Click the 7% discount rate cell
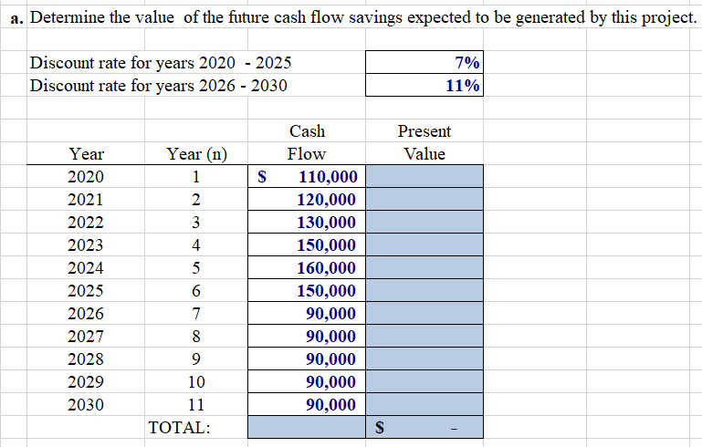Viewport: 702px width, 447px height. (424, 62)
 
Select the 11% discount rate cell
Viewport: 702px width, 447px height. (424, 86)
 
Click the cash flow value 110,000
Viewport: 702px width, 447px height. (329, 177)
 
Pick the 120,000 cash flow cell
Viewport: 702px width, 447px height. (329, 200)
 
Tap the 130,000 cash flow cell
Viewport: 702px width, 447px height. (329, 223)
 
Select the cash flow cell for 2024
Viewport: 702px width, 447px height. (329, 268)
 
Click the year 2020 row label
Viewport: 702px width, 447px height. (87, 177)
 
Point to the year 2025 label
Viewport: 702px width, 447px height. (87, 291)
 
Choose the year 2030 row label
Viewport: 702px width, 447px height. (87, 405)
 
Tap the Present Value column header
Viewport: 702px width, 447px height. (424, 142)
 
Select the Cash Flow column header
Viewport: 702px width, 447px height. (307, 142)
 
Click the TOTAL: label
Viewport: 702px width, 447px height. (179, 427)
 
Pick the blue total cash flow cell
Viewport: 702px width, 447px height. (306, 427)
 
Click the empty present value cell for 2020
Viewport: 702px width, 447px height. (424, 177)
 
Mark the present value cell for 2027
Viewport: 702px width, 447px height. (424, 337)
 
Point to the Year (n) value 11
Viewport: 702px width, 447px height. (196, 405)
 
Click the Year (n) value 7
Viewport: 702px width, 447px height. (196, 314)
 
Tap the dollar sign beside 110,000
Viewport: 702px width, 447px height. (265, 177)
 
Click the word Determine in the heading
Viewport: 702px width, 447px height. (69, 19)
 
